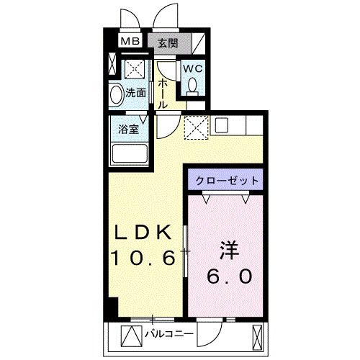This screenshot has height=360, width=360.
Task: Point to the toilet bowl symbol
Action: click(x=192, y=85)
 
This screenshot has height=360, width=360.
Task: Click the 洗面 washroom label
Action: click(x=136, y=92)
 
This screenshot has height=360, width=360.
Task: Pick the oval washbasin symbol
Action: click(x=116, y=94)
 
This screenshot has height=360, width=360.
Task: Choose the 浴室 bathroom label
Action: click(x=130, y=130)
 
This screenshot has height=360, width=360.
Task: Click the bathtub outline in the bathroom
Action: click(x=130, y=153)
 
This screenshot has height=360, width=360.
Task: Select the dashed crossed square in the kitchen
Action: click(x=195, y=128)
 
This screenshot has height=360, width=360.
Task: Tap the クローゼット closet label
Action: click(x=225, y=180)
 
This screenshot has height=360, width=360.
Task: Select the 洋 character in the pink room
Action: click(x=229, y=251)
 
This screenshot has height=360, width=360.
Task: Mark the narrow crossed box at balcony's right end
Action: click(x=257, y=334)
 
